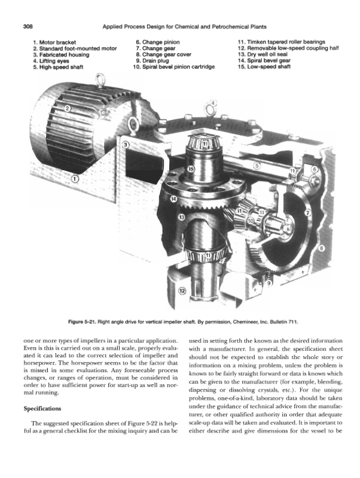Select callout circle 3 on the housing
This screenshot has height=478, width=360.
[126, 145]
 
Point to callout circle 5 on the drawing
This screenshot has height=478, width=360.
[258, 166]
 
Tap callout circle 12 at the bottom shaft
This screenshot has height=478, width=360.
[182, 291]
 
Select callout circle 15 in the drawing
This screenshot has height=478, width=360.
[191, 169]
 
